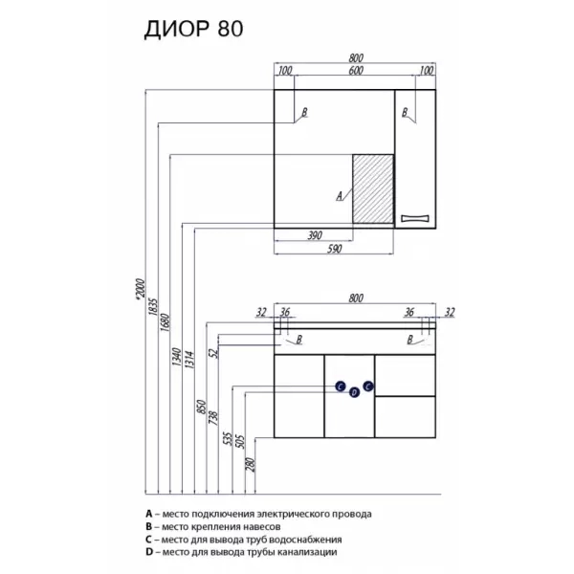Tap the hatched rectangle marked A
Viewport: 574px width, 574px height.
[x=373, y=189]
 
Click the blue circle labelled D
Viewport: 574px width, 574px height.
[x=354, y=392]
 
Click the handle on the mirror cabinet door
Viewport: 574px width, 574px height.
[x=416, y=218]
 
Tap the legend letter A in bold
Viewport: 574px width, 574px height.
[x=149, y=514]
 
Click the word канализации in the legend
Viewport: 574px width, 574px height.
[x=298, y=551]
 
